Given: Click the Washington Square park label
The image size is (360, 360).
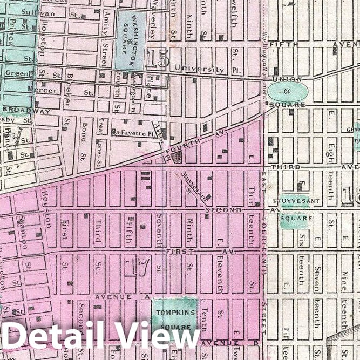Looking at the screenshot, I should [x=130, y=40].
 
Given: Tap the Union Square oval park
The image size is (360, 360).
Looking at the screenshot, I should [x=287, y=91].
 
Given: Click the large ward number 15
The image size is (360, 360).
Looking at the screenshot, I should [x=157, y=59].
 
